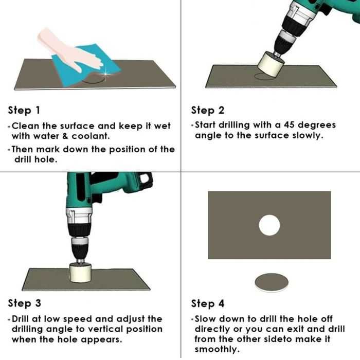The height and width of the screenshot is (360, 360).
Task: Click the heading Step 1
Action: [x=24, y=111]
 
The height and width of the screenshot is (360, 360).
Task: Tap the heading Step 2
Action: [x=208, y=111]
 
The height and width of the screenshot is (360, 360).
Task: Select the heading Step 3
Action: [x=24, y=303]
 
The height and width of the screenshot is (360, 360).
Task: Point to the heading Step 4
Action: [x=208, y=303]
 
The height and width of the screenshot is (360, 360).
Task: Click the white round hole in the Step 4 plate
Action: [x=269, y=225]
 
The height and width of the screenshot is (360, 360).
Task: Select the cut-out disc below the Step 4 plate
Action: [x=272, y=282]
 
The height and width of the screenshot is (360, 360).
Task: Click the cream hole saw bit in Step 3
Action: [x=80, y=273]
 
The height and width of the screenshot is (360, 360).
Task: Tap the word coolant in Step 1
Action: [x=91, y=136]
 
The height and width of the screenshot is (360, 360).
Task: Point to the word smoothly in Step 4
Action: [x=217, y=349]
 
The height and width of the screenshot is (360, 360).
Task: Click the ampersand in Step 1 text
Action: [x=65, y=136]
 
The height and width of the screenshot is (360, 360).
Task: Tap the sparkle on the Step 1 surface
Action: [x=105, y=74]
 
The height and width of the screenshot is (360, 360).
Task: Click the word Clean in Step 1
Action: [x=26, y=126]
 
